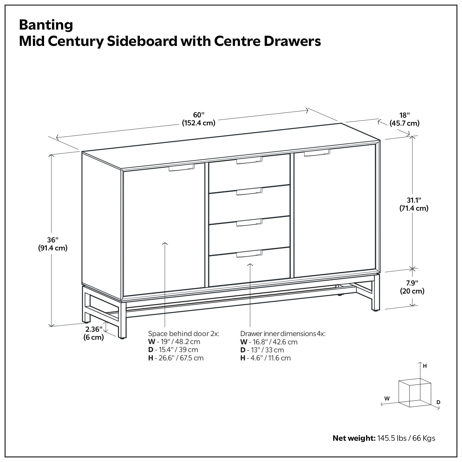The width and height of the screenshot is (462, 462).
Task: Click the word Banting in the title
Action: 46,25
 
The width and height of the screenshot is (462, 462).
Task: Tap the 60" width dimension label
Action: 199,115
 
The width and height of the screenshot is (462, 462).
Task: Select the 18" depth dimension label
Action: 404,115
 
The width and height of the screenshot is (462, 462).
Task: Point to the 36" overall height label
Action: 53,240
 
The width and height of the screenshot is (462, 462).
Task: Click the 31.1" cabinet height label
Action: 414,200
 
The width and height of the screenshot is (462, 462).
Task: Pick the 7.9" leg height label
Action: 412,283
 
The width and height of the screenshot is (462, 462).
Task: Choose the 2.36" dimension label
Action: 94,329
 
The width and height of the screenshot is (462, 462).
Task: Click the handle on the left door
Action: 181,168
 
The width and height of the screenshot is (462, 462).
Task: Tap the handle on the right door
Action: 317,153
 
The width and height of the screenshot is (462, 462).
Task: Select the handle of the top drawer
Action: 249,160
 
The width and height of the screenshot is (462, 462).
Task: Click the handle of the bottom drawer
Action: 249,254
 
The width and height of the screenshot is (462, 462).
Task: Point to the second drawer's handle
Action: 249,192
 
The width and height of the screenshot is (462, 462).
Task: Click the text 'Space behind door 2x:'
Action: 184,334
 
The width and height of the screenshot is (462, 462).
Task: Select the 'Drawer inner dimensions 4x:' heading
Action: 283,334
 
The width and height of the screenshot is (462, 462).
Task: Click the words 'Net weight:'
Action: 354,438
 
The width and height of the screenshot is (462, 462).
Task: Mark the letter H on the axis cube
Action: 425,366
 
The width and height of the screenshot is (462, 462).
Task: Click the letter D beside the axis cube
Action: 438,402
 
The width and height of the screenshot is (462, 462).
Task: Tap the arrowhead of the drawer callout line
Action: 250,264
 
